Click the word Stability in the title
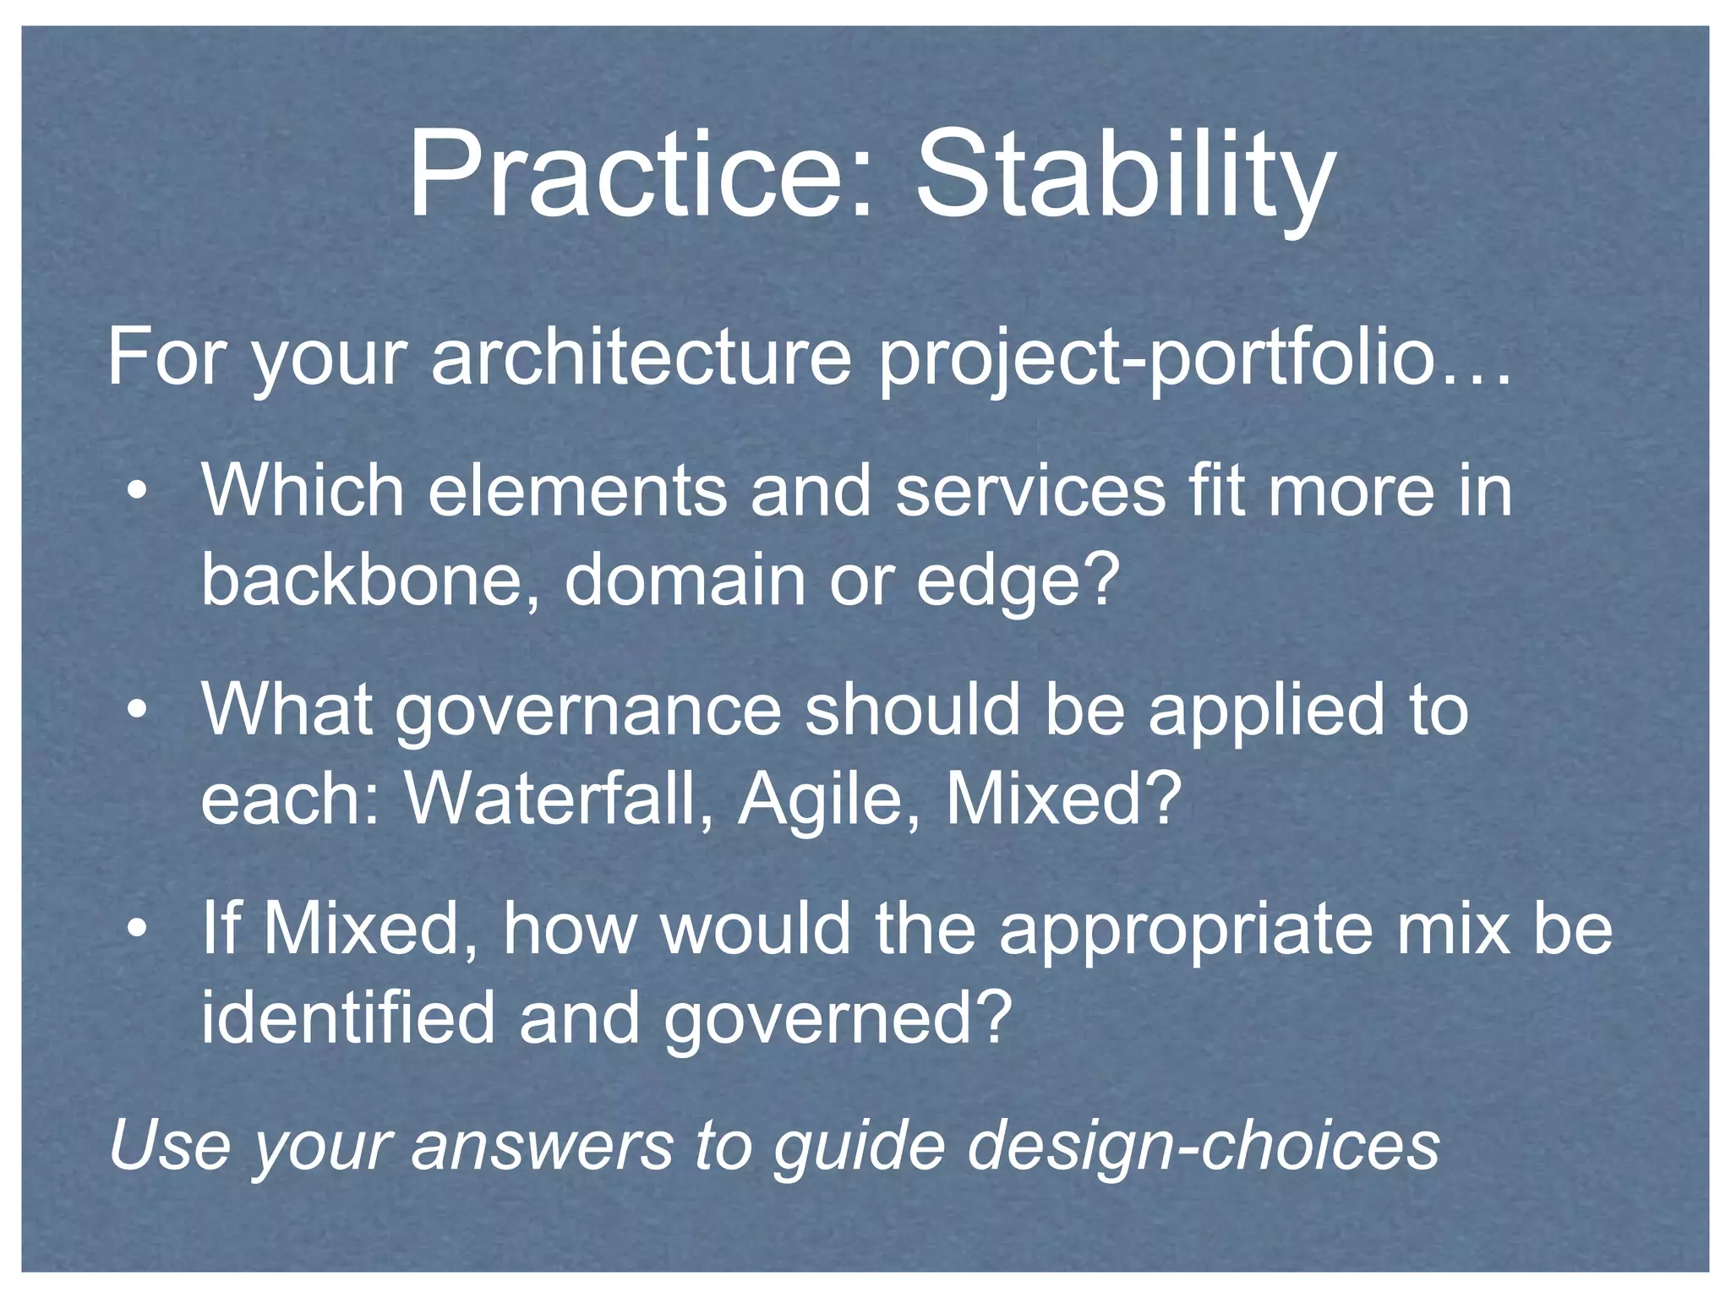1125,175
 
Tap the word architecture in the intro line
641,357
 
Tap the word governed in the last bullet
837,1018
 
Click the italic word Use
170,1145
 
